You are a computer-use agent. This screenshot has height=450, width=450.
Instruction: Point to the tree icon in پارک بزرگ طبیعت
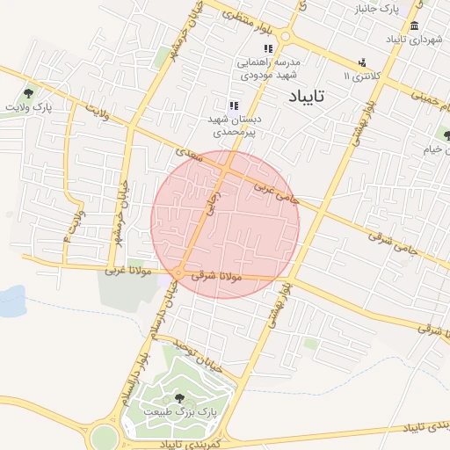click(180, 398)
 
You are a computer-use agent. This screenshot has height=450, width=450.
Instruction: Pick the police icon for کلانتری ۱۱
click(362, 62)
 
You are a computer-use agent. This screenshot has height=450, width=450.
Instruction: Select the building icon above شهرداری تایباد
click(415, 25)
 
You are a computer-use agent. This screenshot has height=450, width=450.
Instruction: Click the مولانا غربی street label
click(129, 270)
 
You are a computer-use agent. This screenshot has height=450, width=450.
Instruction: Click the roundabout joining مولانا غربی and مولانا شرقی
click(178, 274)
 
